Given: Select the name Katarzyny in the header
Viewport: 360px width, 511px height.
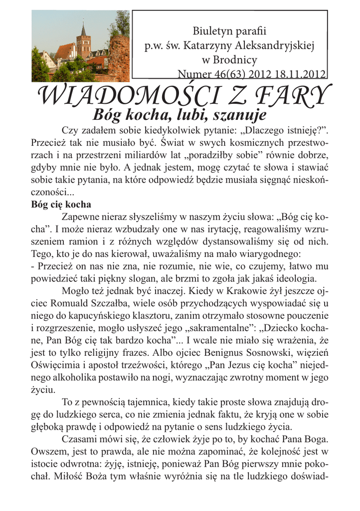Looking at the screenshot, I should (x=203, y=46).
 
